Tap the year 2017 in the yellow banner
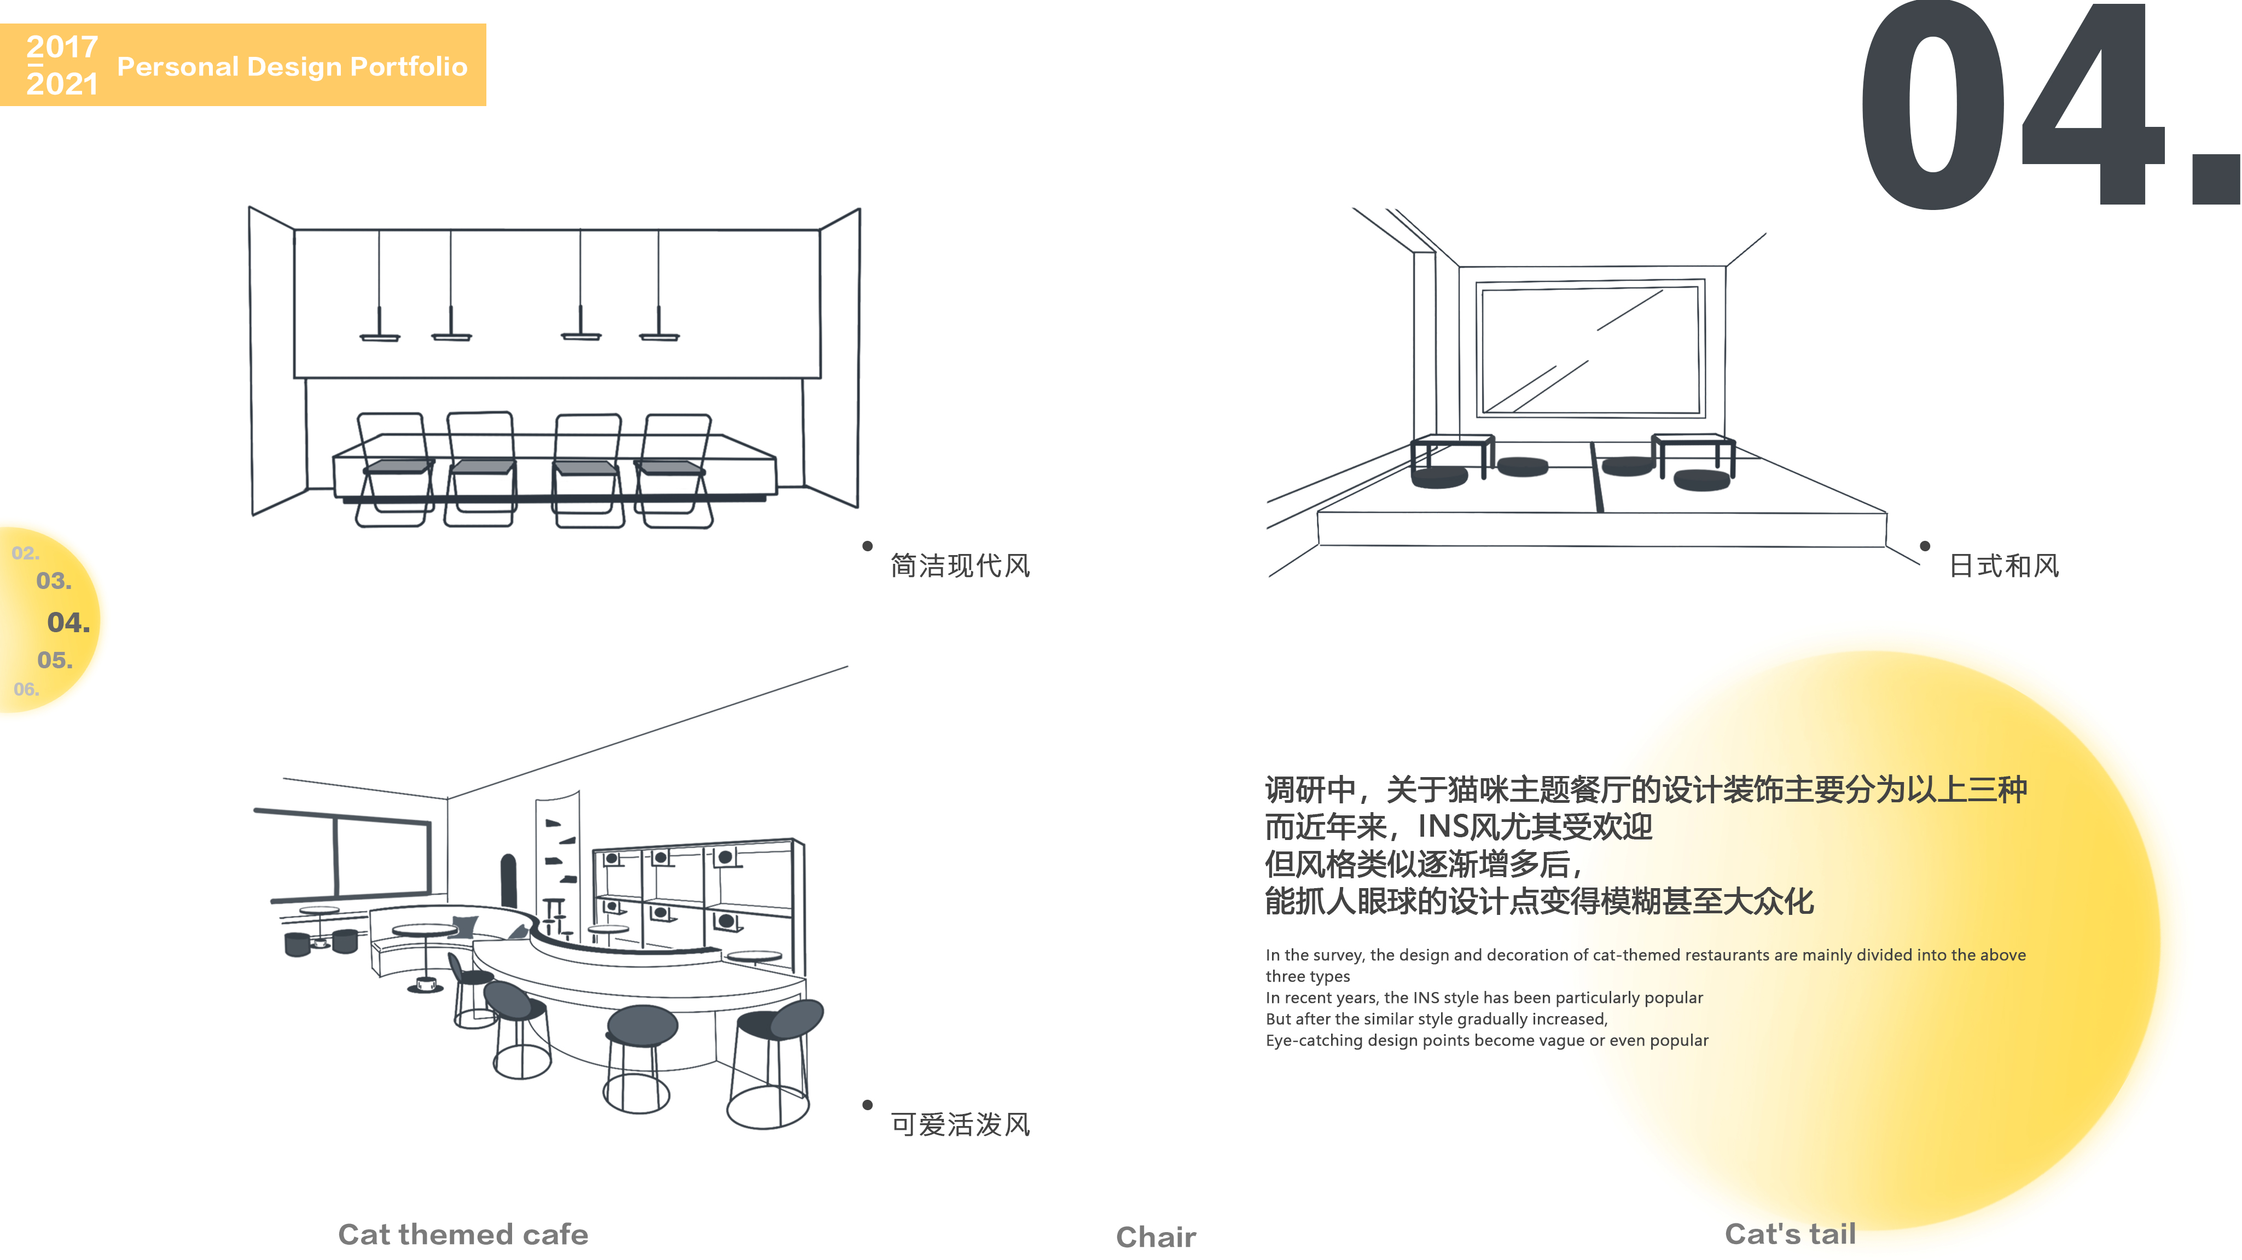pos(62,46)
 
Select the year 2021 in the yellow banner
pos(62,84)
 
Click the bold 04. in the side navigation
pos(68,622)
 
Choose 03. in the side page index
pos(54,580)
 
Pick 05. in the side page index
pos(55,660)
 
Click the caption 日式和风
pos(2003,565)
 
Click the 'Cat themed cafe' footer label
pos(462,1234)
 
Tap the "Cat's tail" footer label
pos(1790,1233)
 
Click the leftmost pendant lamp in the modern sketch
pos(380,335)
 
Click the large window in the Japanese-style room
pos(1590,348)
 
